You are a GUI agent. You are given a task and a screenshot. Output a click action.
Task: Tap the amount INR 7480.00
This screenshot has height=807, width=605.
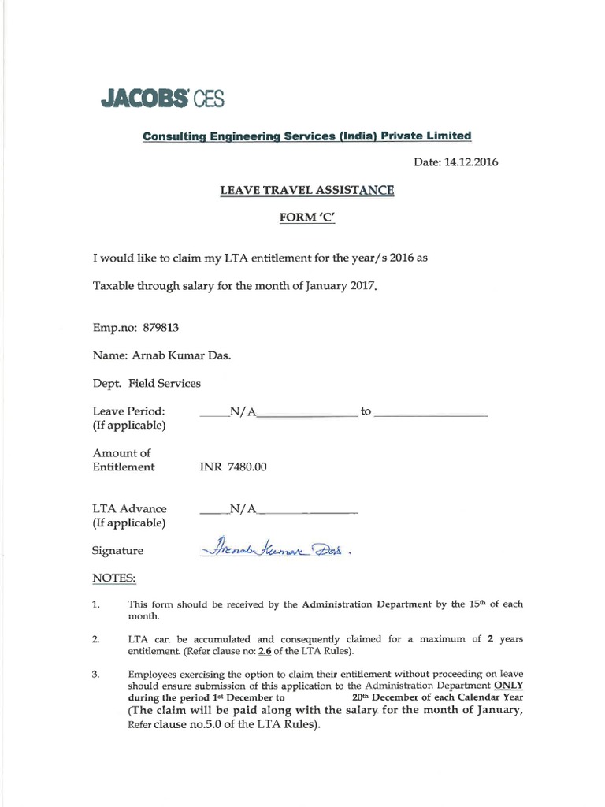click(x=235, y=467)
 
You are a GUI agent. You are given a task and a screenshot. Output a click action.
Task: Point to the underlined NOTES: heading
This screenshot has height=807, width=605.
click(x=114, y=578)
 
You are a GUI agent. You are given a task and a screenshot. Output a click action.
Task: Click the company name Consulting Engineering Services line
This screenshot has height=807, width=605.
click(x=306, y=136)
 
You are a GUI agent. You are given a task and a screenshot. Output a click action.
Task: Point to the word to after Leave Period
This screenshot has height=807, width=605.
click(x=365, y=411)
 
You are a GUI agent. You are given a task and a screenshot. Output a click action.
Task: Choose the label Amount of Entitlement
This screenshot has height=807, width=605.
click(x=124, y=459)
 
